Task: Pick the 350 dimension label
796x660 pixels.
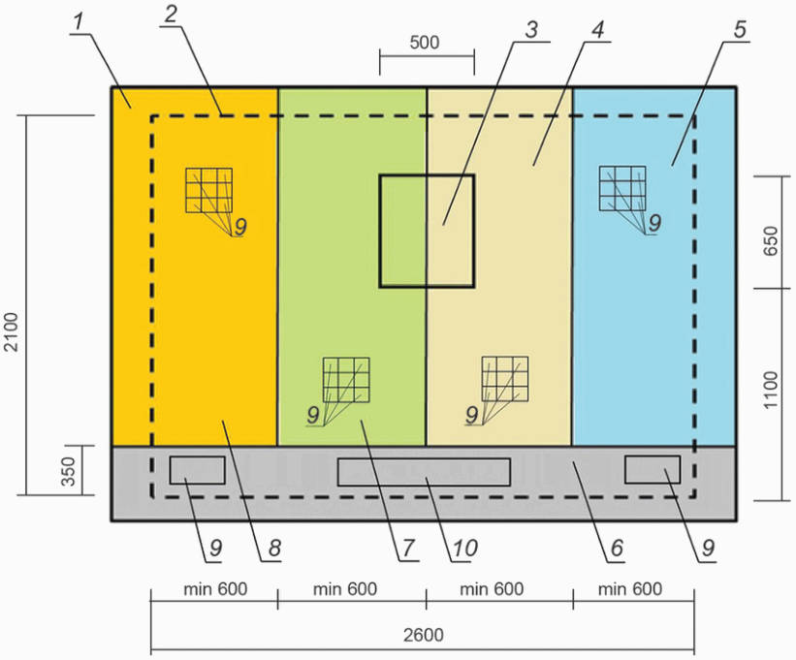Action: pyautogui.click(x=82, y=471)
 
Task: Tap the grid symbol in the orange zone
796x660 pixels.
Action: pyautogui.click(x=208, y=190)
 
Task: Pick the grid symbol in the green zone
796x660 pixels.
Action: pyautogui.click(x=346, y=379)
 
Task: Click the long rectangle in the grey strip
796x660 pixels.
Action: pyautogui.click(x=424, y=471)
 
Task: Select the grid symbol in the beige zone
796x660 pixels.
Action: pyautogui.click(x=505, y=379)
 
